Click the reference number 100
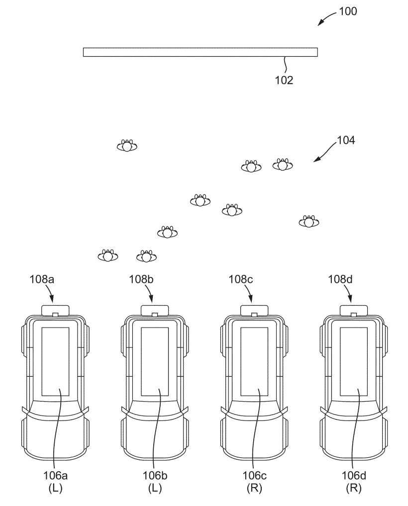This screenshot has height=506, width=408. tap(348, 11)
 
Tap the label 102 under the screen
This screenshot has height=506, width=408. tap(284, 80)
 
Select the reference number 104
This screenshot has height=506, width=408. tap(345, 140)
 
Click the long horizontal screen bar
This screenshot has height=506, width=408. tap(200, 52)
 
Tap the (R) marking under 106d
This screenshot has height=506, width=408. tap(353, 489)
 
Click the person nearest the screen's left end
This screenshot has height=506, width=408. tap(127, 146)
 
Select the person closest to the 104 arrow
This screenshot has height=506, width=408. tap(283, 165)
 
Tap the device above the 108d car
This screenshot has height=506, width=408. tap(353, 310)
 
